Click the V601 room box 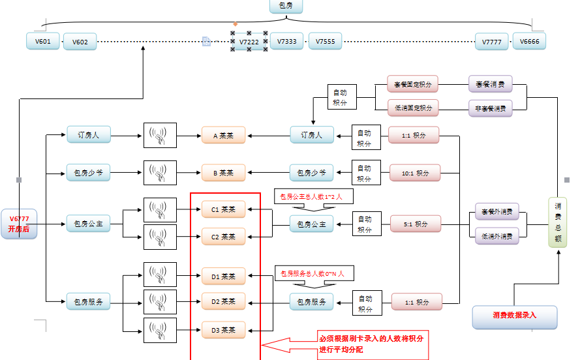43,42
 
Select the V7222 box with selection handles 249,42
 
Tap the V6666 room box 529,42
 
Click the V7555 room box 325,42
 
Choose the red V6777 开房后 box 19,224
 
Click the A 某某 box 223,136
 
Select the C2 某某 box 223,236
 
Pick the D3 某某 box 223,330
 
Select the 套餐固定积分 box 412,84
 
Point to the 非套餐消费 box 490,107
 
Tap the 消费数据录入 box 515,316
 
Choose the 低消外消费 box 496,235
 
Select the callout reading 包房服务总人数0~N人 313,274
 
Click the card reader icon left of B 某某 160,173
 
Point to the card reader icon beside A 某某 160,136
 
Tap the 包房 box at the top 286,7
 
